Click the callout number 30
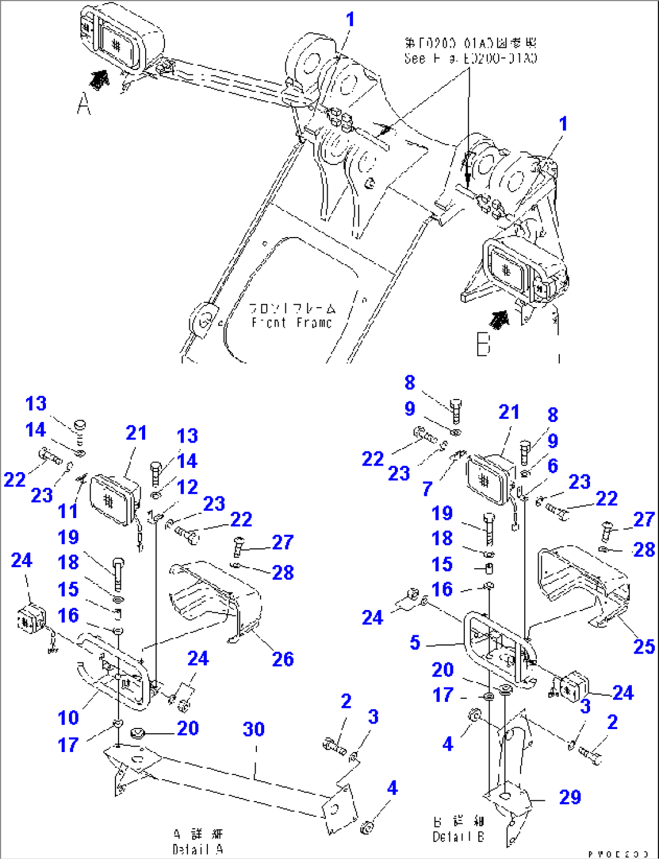254,729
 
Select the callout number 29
570,797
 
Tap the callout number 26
282,659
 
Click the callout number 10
68,718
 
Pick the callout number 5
415,642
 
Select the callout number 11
68,511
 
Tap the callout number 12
187,487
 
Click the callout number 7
427,488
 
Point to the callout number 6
553,465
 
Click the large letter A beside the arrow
84,106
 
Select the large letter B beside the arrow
482,346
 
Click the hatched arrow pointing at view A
100,79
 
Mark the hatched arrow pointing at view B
499,319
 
